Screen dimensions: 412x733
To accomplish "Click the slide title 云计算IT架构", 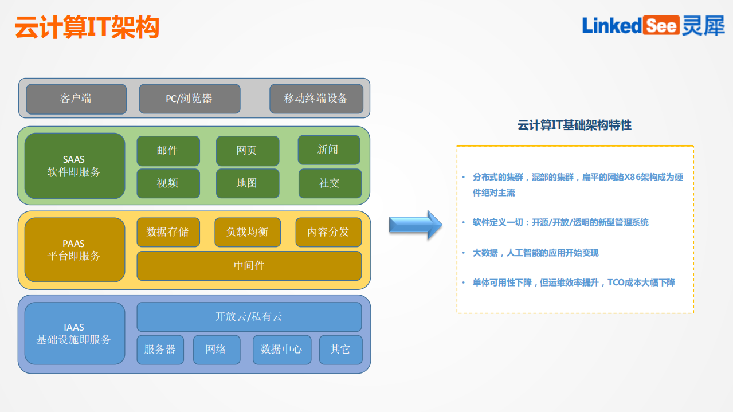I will [87, 27].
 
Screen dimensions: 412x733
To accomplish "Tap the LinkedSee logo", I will [653, 25].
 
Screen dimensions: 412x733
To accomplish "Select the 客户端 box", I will [76, 99].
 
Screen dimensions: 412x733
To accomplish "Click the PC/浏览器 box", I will [189, 99].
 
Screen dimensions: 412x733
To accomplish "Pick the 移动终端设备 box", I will [316, 99].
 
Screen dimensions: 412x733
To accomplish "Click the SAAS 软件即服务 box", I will [75, 166].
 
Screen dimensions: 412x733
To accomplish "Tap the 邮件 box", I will [168, 151].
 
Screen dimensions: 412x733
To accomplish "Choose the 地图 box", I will [247, 183].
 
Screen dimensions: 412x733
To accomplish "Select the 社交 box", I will [330, 183].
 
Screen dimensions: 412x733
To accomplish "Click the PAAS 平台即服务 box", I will [75, 250].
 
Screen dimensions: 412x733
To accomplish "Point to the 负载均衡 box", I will [247, 232].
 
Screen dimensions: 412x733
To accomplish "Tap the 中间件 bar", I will [249, 266].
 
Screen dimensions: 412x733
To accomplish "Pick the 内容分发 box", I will [328, 232].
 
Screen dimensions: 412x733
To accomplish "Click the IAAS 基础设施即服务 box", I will [75, 333].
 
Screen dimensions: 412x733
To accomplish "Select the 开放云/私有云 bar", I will [249, 317].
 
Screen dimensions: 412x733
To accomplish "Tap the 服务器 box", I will [160, 350].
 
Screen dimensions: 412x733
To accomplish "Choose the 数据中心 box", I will [281, 350].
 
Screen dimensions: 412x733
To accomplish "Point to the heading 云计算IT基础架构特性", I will [574, 125].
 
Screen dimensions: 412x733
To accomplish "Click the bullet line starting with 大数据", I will [535, 253].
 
